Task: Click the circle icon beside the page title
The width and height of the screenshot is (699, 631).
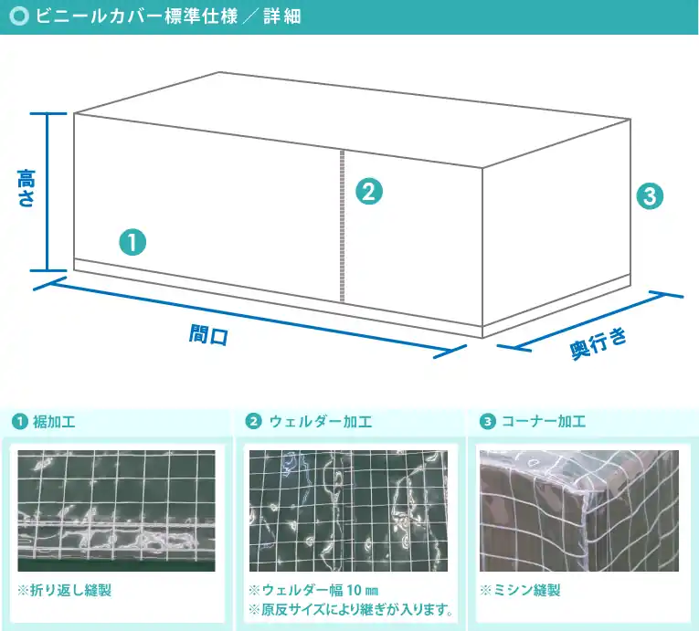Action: point(17,17)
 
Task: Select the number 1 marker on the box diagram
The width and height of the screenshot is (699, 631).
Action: point(132,242)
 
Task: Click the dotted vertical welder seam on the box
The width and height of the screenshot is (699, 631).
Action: point(342,225)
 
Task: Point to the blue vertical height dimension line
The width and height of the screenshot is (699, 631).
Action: point(48,192)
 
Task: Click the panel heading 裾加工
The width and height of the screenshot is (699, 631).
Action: point(54,421)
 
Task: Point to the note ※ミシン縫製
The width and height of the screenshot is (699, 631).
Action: point(520,590)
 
